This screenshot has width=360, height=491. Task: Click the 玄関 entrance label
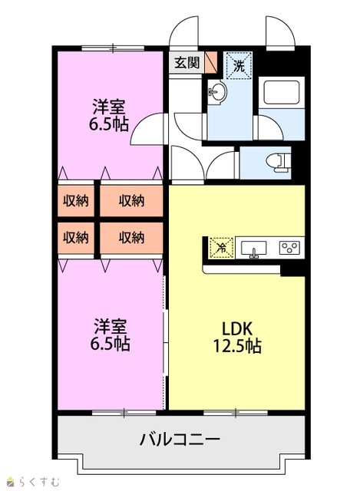187,63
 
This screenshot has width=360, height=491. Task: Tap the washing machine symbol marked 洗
239,65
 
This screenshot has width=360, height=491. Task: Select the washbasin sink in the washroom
217,91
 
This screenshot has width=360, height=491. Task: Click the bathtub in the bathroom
281,92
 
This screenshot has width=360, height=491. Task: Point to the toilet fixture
279,163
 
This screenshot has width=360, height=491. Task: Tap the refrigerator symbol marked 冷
222,248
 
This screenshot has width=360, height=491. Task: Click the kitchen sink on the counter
253,249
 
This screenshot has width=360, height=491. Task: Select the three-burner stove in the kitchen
289,248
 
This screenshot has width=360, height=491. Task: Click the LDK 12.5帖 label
237,338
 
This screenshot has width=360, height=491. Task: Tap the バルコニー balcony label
180,440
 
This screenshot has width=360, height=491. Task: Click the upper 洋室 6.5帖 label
109,115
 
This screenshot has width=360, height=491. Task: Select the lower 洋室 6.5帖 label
110,334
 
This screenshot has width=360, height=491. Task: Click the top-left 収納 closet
76,201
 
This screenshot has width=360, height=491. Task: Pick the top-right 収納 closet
131,201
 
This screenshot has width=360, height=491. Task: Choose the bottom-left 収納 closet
76,238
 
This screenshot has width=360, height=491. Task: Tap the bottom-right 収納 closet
131,238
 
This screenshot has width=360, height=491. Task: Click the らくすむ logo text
33,481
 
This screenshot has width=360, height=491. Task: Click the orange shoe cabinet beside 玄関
210,62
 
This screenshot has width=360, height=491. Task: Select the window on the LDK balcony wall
236,413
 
